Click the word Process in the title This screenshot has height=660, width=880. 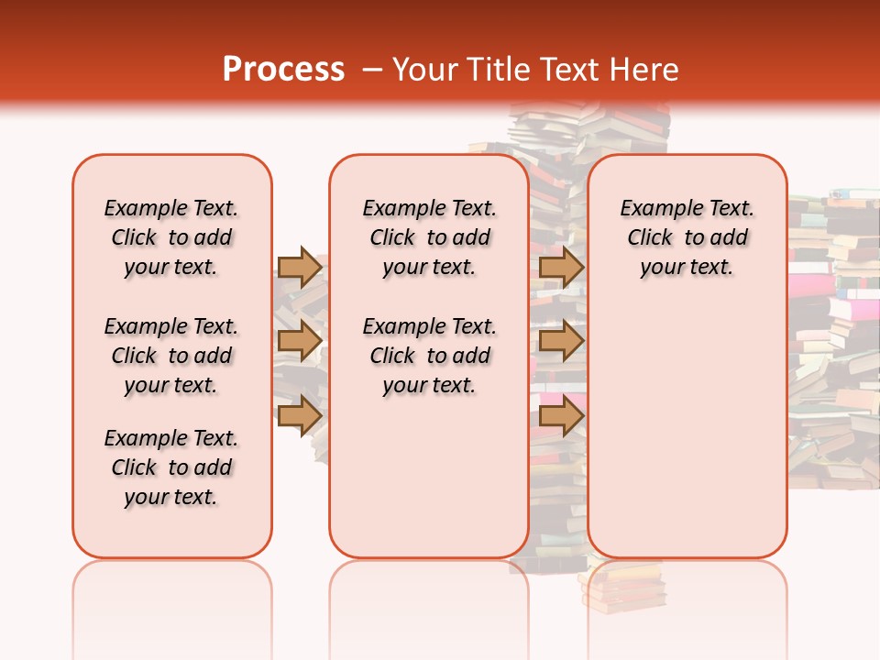coord(282,70)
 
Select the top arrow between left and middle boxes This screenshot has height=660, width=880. coord(299,267)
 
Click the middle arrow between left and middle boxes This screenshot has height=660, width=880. coord(299,341)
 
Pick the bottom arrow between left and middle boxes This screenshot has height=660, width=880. coord(299,415)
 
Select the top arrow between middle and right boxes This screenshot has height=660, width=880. coord(561,267)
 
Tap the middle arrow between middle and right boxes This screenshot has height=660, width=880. coord(561,341)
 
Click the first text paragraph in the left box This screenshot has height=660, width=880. coord(171,237)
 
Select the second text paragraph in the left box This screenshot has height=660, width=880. coord(171,356)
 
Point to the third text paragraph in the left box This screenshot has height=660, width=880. coord(171,467)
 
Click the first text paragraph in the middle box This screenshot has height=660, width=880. coord(429,237)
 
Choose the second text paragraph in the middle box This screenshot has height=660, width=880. coord(429,356)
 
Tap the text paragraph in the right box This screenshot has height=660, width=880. coord(687,237)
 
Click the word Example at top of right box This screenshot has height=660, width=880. coord(656,209)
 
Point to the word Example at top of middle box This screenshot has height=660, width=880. coord(399,209)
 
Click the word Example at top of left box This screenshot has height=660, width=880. coord(140,209)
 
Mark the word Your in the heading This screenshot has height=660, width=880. coord(426,70)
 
